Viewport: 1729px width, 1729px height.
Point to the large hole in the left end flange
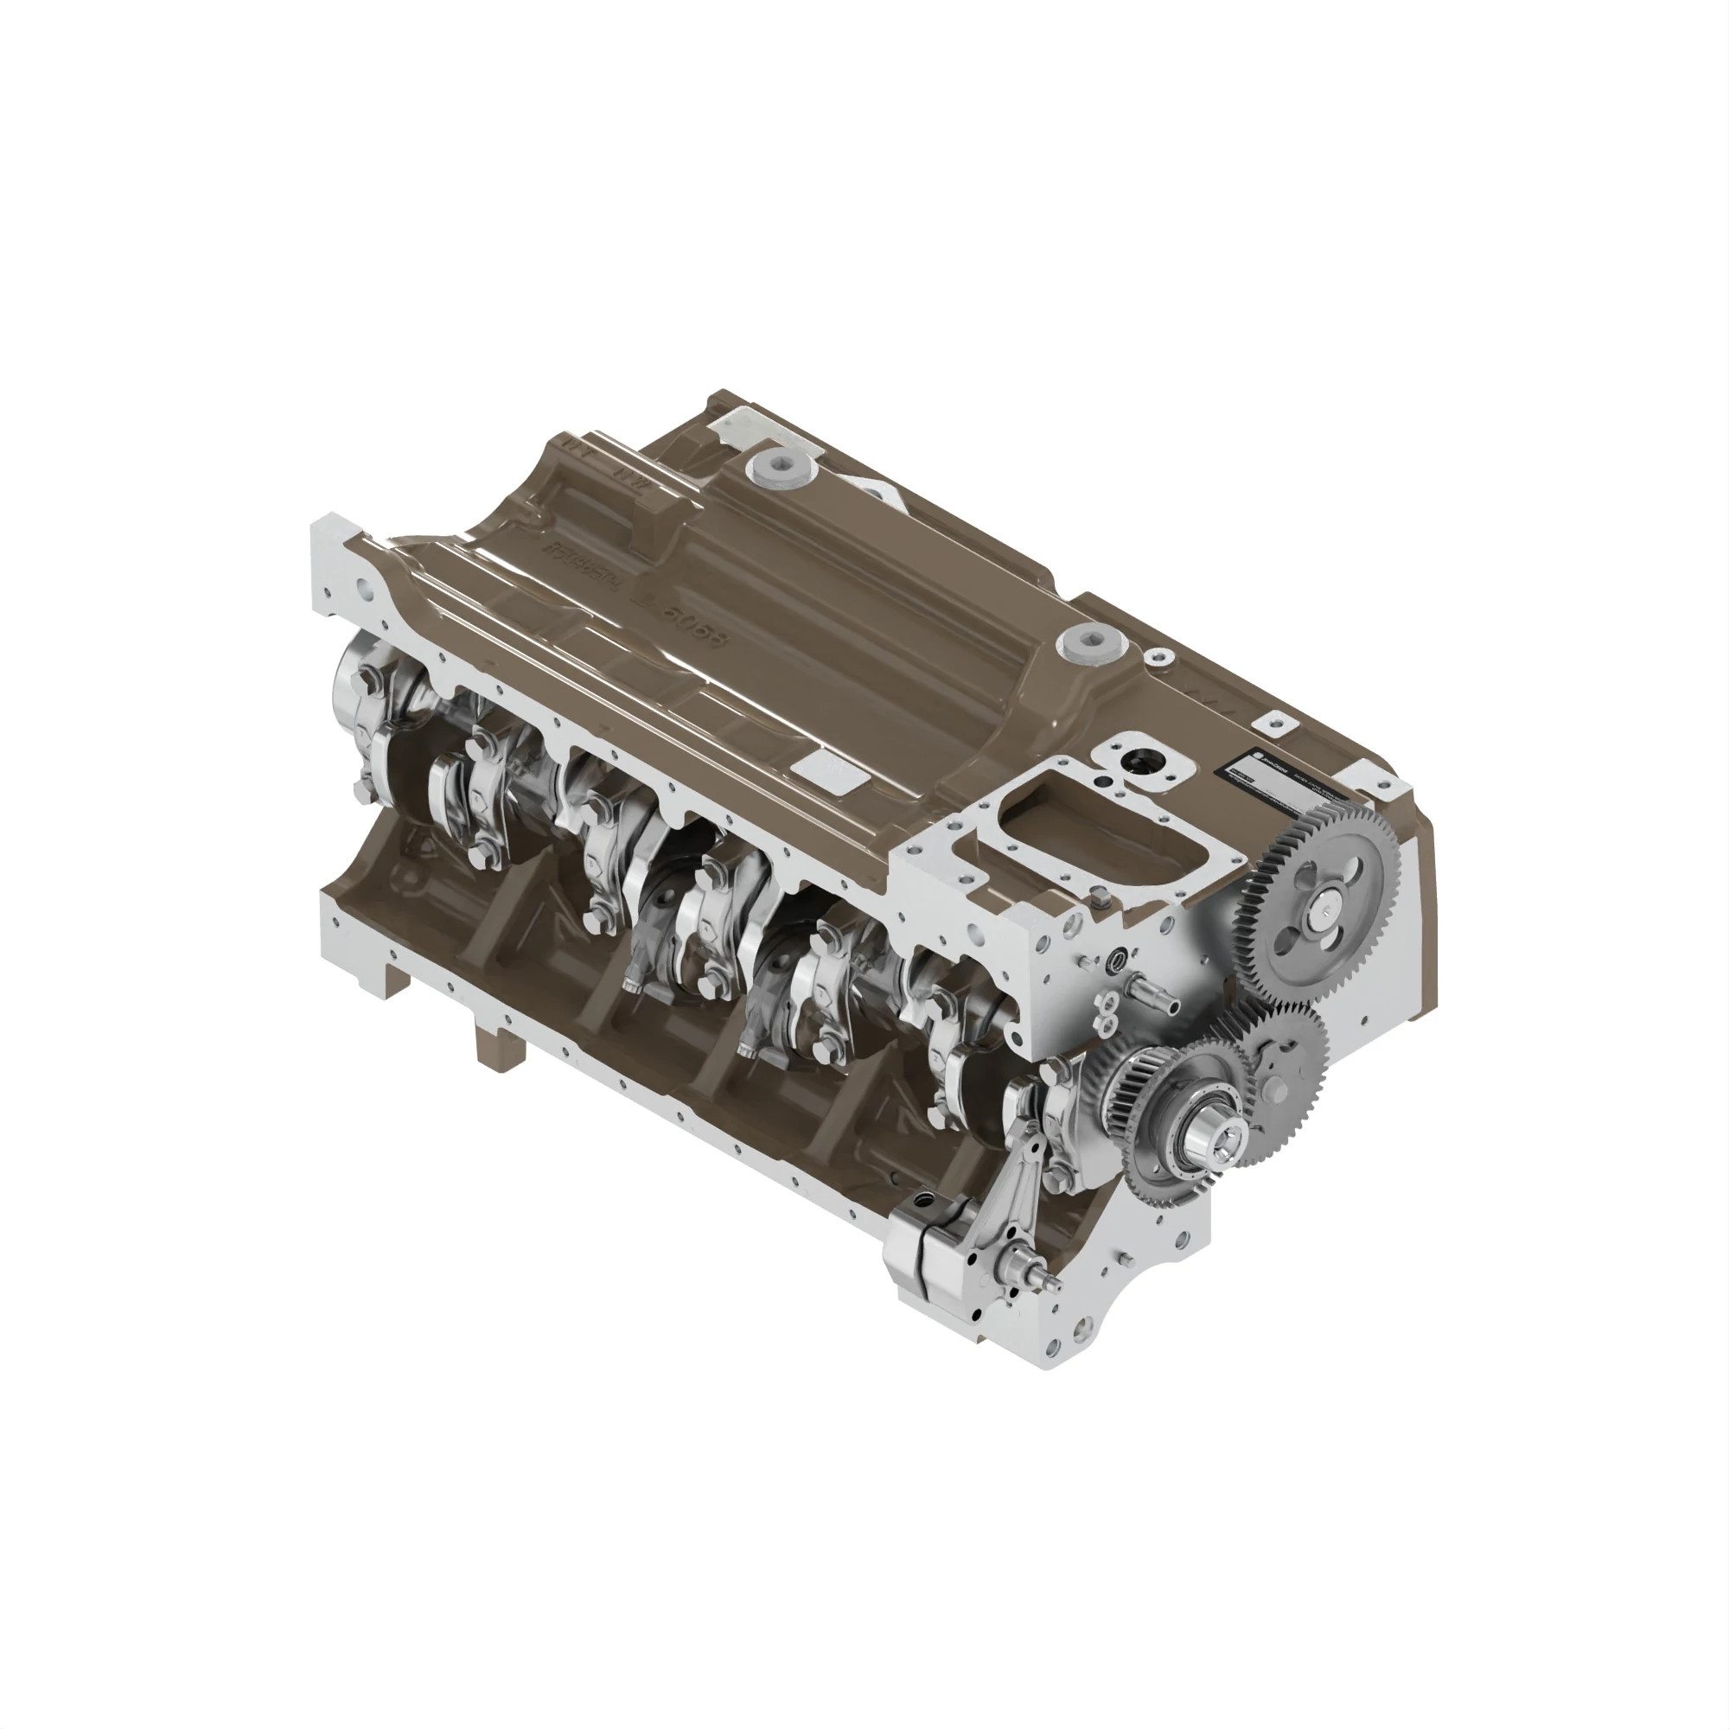click(x=365, y=590)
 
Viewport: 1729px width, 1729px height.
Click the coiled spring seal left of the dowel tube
click(x=1117, y=962)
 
